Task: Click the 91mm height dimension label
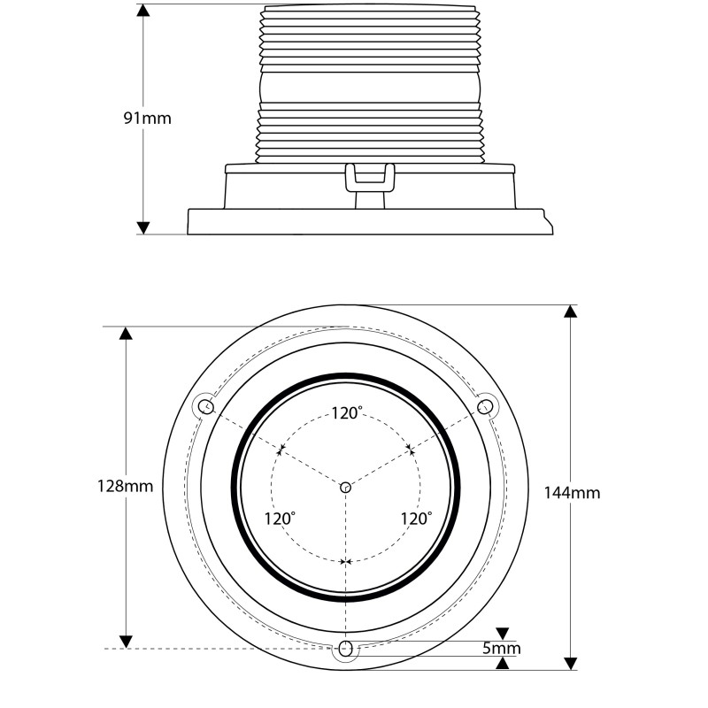(x=148, y=119)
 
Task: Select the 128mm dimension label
(x=126, y=486)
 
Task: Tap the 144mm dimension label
(x=572, y=493)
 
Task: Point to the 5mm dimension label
(x=502, y=649)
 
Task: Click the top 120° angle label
(x=347, y=413)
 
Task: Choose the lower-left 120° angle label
(x=280, y=519)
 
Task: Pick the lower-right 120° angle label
(x=416, y=519)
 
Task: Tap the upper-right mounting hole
(x=484, y=407)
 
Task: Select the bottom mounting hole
(x=345, y=649)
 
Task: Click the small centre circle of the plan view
(x=345, y=488)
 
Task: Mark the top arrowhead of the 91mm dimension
(x=143, y=11)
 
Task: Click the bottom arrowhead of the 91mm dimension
(x=143, y=228)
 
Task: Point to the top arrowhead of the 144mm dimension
(x=571, y=312)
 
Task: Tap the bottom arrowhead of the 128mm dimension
(x=126, y=642)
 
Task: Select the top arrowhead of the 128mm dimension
(x=126, y=333)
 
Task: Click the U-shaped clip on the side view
(x=370, y=178)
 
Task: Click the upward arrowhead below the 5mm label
(x=503, y=663)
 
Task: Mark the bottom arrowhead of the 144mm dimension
(x=571, y=663)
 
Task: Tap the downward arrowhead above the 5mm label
(x=503, y=634)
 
